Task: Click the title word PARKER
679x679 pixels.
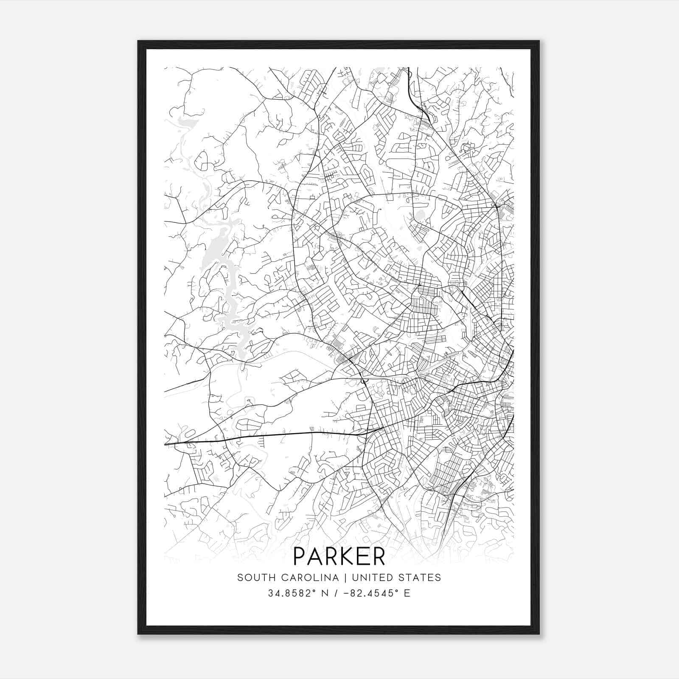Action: tap(339, 556)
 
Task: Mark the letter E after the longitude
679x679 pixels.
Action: tap(407, 593)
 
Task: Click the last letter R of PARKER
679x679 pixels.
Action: tap(379, 556)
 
